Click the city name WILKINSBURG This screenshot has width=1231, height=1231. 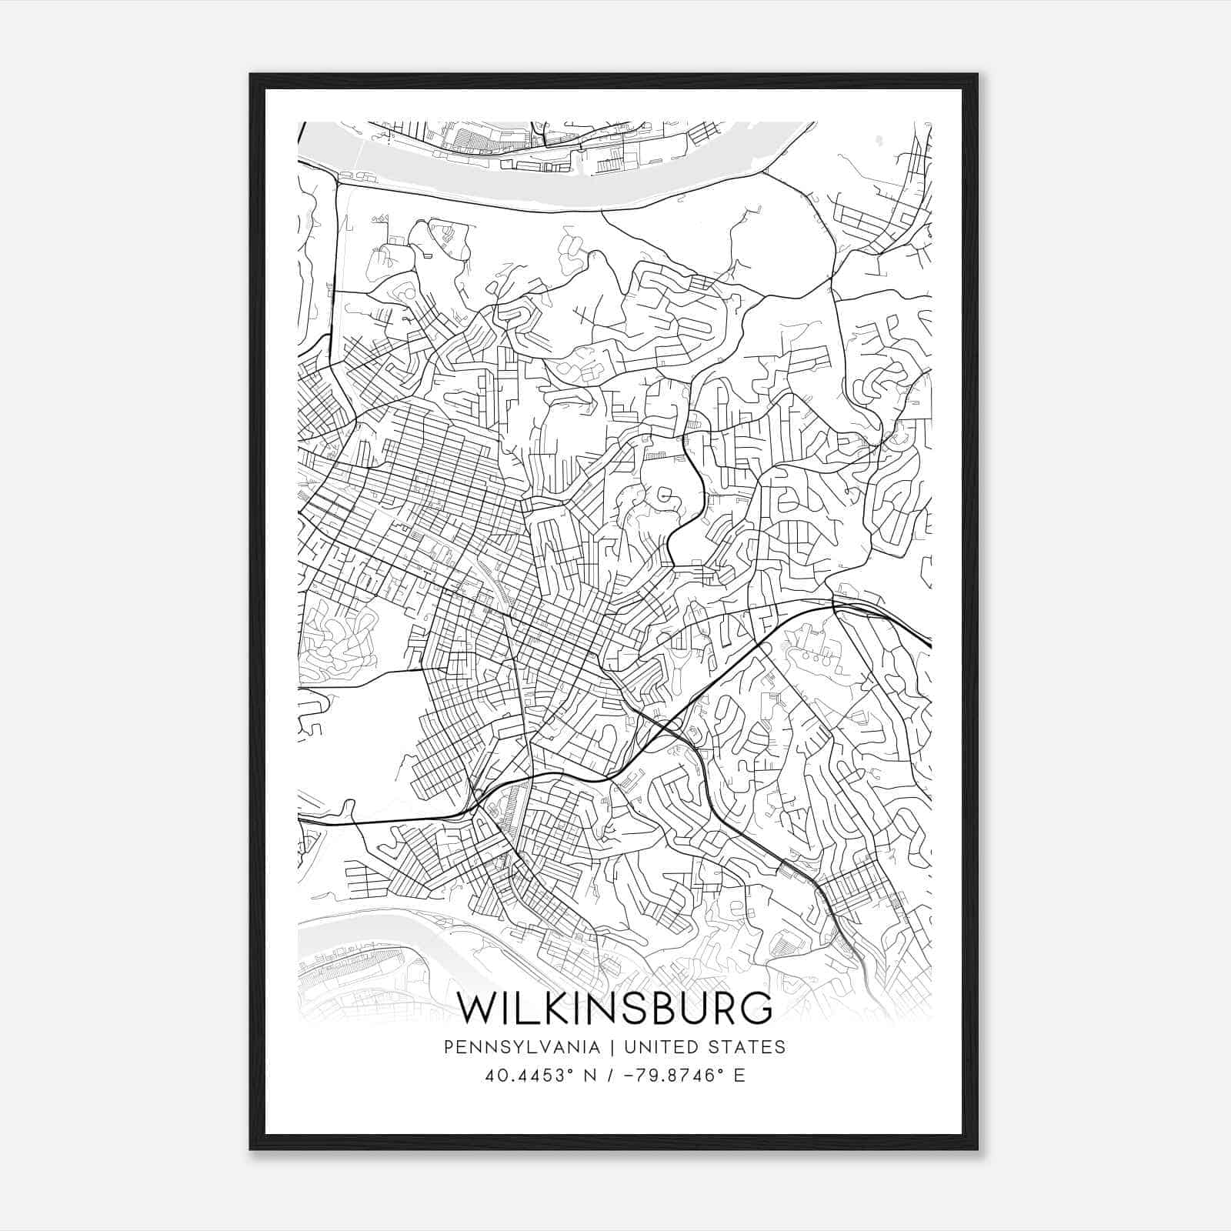pos(614,1008)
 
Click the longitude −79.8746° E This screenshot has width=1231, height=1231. pos(678,1076)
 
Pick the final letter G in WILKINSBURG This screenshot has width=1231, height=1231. pos(757,1008)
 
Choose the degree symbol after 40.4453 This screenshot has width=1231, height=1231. pos(572,1071)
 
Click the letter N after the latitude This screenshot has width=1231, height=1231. pos(591,1076)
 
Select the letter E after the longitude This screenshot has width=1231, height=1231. pos(739,1076)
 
